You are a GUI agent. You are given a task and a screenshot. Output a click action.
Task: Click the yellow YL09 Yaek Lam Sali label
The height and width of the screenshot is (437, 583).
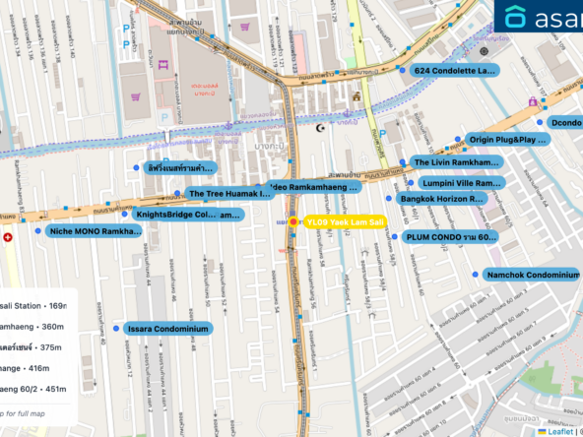tap(345, 222)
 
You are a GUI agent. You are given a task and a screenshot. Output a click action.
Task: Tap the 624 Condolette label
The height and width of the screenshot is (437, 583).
tap(453, 71)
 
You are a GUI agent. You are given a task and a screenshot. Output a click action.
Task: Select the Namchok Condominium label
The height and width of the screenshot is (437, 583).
tap(533, 275)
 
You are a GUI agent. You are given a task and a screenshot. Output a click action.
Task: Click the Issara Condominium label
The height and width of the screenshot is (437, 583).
tap(167, 329)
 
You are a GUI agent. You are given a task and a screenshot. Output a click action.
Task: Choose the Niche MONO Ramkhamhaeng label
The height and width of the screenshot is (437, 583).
tap(95, 231)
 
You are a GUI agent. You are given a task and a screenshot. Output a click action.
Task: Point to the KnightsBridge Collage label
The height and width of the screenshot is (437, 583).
tap(187, 214)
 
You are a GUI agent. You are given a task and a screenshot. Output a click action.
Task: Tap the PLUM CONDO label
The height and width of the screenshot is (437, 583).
tap(444, 237)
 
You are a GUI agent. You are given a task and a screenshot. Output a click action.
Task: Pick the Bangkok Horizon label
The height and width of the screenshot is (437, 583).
tap(442, 199)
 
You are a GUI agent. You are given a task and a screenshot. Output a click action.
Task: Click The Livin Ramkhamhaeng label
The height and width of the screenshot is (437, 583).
tap(456, 161)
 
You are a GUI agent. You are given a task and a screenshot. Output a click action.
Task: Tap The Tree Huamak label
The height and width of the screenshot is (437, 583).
tap(228, 193)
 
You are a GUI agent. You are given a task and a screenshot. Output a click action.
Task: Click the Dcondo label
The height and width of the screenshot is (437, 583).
tap(565, 123)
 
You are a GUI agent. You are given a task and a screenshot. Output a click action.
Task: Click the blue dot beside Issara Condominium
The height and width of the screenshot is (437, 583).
tap(116, 329)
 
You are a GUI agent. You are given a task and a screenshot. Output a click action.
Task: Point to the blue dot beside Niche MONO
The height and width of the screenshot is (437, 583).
tap(37, 231)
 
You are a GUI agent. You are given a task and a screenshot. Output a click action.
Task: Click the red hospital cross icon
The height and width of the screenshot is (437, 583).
tap(9, 237)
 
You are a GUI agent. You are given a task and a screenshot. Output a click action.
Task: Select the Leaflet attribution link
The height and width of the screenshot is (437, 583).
tap(560, 430)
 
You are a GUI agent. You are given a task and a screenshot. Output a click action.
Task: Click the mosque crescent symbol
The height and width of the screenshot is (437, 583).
tap(317, 127)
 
